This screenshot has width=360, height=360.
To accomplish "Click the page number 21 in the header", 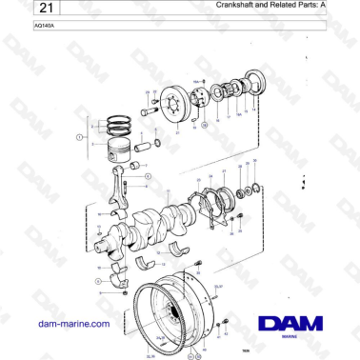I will point(20,9).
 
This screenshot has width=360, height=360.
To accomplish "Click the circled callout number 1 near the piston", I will point(79,137).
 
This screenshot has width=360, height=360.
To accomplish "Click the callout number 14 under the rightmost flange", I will point(255,110).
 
